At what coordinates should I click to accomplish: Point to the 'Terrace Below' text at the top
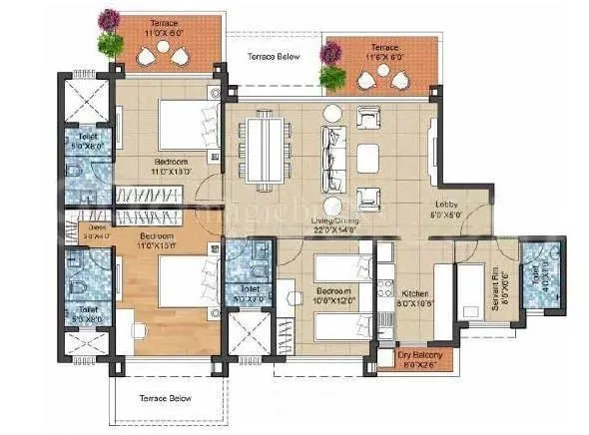[273, 57]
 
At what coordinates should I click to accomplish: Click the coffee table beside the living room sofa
[367, 155]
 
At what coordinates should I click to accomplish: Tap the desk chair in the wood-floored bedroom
[141, 322]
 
